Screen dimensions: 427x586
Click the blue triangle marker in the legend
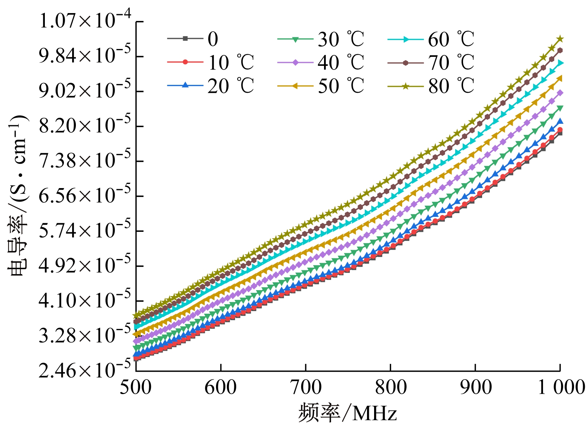[185, 86]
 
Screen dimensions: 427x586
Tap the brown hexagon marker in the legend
[405, 62]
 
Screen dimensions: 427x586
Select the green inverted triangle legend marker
[295, 39]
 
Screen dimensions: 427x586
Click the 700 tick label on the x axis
[306, 388]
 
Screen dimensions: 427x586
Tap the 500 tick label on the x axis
[136, 388]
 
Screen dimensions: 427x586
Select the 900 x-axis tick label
[475, 388]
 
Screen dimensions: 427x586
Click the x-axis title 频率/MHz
[348, 414]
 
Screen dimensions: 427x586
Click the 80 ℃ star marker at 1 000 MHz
[560, 39]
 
